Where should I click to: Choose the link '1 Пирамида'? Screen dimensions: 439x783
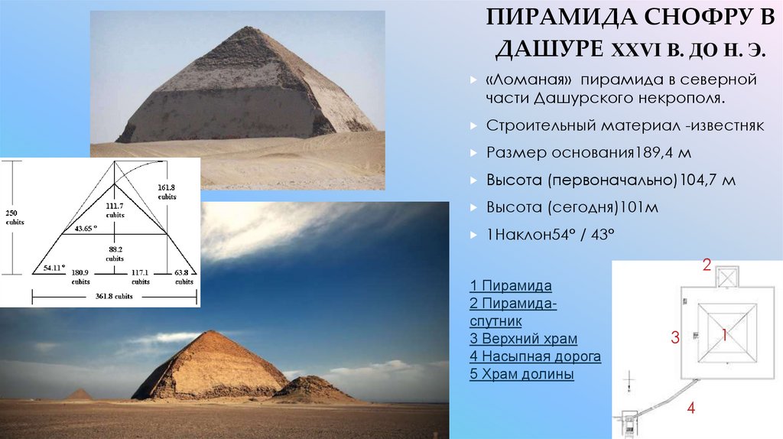click(511, 286)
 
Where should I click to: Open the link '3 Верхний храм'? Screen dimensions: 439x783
click(523, 338)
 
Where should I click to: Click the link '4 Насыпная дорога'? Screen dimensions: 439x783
click(535, 356)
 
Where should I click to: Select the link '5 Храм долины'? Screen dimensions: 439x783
click(521, 375)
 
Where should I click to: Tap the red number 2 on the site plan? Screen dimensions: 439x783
click(707, 266)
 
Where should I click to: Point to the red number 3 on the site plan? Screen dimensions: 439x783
click(675, 337)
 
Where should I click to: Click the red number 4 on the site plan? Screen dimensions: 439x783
click(690, 408)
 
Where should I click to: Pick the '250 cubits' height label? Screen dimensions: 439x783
click(14, 216)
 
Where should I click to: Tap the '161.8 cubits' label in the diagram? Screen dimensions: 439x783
click(166, 190)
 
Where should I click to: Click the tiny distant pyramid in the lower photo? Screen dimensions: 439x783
click(78, 394)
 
